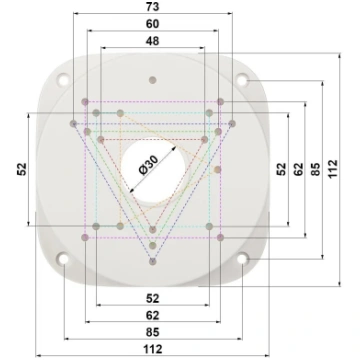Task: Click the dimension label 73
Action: pyautogui.click(x=153, y=7)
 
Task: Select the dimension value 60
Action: pyautogui.click(x=153, y=24)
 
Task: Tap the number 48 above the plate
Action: pyautogui.click(x=153, y=41)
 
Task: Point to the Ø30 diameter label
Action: pyautogui.click(x=148, y=165)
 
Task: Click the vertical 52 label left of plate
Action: pyautogui.click(x=22, y=169)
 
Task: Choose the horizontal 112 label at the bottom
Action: pyautogui.click(x=153, y=349)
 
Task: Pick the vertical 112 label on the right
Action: pyautogui.click(x=333, y=169)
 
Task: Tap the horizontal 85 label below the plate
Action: pyautogui.click(x=153, y=332)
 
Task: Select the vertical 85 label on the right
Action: pyautogui.click(x=315, y=169)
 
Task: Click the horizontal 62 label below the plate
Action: pyautogui.click(x=153, y=315)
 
